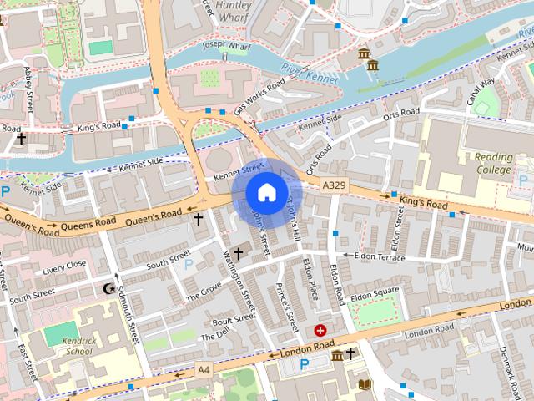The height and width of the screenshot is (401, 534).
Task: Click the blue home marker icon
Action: (264, 193)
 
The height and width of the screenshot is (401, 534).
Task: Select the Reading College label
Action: (493, 163)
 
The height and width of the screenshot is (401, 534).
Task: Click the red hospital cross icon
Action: (320, 331)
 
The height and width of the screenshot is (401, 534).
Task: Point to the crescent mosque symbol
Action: (107, 289)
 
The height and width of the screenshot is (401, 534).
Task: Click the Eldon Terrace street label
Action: (379, 256)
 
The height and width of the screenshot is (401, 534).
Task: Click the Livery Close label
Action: (64, 266)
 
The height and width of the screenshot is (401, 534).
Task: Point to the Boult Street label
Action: (233, 319)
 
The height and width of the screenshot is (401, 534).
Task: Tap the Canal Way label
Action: (481, 89)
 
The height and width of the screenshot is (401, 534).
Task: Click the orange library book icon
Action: (364, 383)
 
